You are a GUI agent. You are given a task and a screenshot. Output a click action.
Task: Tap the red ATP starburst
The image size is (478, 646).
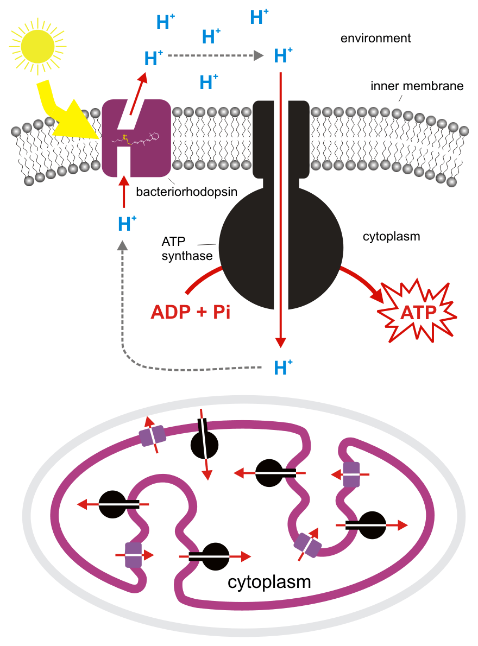[x=418, y=313]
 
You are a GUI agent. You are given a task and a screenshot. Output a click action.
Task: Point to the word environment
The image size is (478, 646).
[x=375, y=38]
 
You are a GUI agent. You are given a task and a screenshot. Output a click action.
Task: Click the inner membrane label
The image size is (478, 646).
[x=417, y=86]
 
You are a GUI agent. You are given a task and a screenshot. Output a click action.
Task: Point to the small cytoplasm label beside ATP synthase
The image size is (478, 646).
[x=391, y=237]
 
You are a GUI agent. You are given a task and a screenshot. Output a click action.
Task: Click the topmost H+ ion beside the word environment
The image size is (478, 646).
[x=259, y=17]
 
